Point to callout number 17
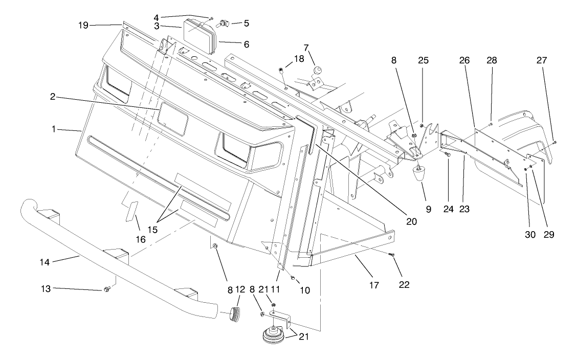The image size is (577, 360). click(x=374, y=285)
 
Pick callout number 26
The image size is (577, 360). click(x=464, y=60)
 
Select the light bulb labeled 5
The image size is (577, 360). click(x=224, y=22)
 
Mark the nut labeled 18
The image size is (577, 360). click(x=281, y=70)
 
